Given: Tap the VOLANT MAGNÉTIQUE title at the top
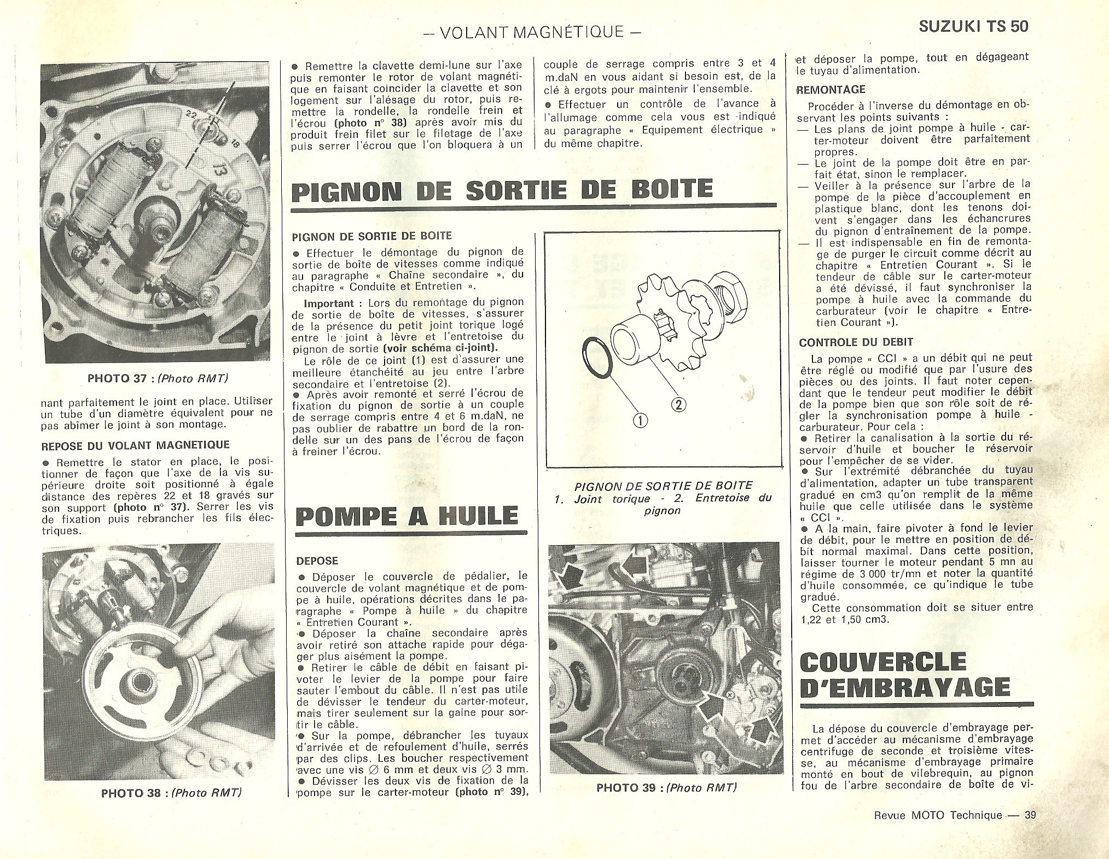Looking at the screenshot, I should pos(533,32).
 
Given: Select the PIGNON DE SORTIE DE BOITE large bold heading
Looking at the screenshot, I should pos(502,189).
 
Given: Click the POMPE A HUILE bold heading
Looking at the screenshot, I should pos(407,516).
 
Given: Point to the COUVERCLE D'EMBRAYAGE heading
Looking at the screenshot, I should pos(904,674).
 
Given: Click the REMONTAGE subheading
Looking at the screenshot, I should pos(832,90).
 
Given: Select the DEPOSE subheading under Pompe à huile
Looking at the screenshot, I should pos(317,561).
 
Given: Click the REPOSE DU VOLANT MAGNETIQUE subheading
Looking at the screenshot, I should pos(136,446).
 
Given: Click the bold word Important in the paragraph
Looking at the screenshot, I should pos(328,302).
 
